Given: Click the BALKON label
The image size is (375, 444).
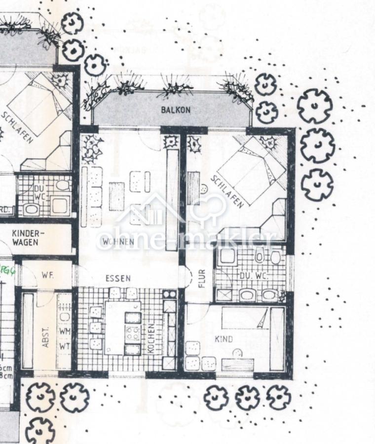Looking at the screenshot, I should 175,110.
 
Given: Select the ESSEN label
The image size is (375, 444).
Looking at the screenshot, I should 118,278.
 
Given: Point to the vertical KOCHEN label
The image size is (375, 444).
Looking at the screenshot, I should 151,337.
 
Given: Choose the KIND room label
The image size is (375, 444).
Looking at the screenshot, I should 224,339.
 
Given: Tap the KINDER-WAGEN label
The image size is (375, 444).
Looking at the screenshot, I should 25,238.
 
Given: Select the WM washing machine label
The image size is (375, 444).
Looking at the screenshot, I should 64,332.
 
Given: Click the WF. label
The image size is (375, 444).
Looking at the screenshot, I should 48,274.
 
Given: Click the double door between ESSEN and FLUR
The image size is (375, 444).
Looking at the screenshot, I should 187,278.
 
